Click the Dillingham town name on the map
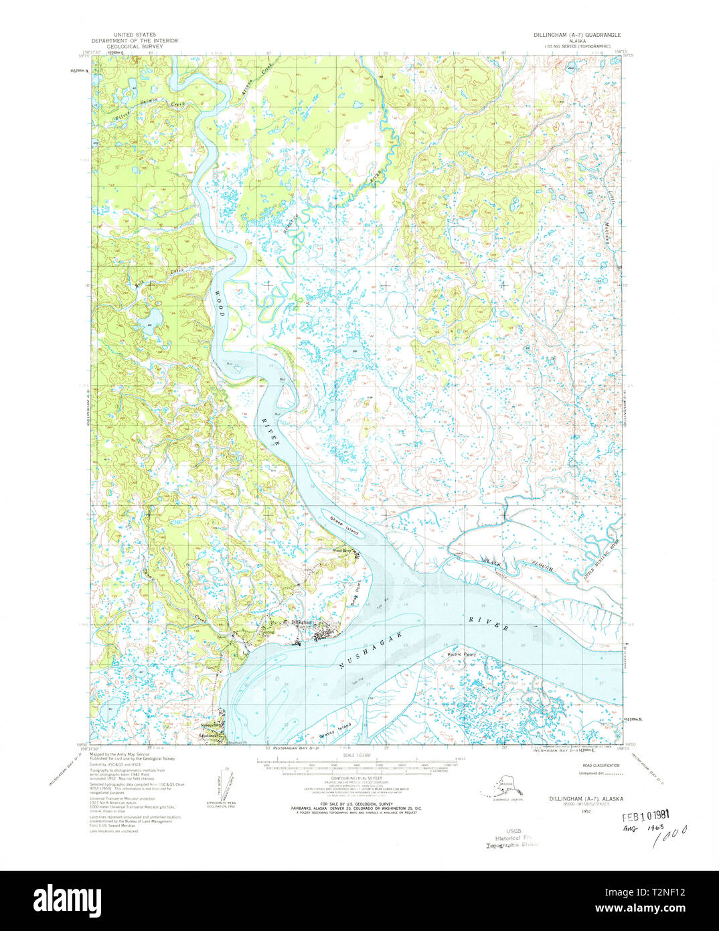coord(302,622)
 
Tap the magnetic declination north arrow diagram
coord(226,784)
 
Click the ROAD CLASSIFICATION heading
coord(601,765)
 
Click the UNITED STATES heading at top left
coord(135,34)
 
